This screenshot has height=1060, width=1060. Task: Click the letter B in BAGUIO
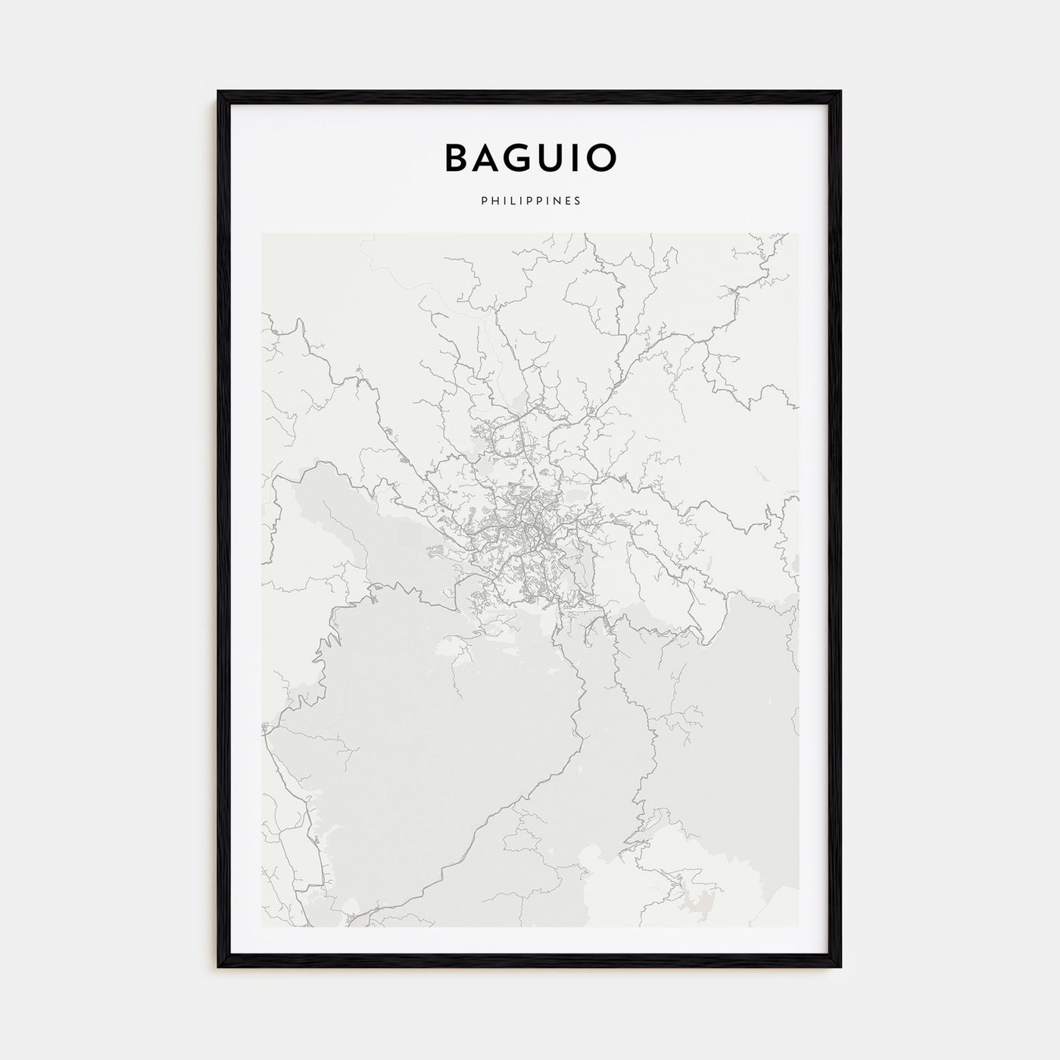click(457, 157)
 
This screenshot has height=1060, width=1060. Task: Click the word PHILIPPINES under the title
click(530, 201)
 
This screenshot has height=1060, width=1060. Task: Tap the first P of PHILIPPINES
click(482, 201)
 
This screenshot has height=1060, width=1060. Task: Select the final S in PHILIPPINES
click(578, 201)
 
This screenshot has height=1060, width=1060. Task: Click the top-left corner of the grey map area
click(263, 234)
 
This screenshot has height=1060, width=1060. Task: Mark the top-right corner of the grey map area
click(798, 234)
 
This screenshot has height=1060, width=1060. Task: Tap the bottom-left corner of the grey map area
click(263, 926)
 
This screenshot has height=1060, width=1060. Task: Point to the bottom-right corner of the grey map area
click(798, 926)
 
